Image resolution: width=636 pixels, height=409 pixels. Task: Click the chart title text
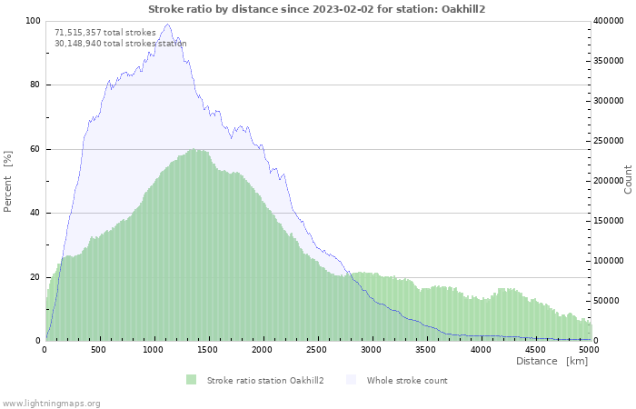point(317,8)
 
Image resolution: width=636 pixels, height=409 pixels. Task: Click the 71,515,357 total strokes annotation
point(105,32)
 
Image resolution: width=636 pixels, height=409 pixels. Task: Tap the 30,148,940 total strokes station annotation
point(121,43)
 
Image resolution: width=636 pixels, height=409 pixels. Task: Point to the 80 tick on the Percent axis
point(34,85)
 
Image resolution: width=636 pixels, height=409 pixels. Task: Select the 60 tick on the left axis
point(34,149)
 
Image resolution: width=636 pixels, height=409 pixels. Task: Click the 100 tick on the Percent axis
point(32,21)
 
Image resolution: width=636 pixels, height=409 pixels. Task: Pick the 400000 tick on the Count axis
point(610,21)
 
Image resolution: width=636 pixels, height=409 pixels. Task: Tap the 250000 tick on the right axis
point(610,141)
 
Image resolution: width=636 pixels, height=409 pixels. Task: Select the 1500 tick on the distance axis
point(208,349)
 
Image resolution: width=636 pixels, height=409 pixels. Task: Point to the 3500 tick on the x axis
point(426,349)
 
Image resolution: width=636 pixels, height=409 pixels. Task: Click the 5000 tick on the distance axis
point(589,349)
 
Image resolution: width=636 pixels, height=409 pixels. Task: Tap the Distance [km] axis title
point(552,362)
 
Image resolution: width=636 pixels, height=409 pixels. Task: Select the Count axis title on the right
point(628,179)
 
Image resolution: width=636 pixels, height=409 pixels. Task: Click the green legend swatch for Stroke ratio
point(191,380)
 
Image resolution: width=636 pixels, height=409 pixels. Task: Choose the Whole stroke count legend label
point(407,380)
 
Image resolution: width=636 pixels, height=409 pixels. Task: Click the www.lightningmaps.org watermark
point(51,403)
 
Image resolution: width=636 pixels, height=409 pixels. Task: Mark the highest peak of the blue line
point(167,25)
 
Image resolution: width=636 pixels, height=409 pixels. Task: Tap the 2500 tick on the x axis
point(317,349)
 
